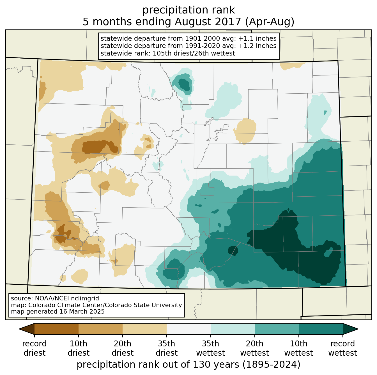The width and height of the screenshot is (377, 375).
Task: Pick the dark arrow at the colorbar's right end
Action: pos(350,329)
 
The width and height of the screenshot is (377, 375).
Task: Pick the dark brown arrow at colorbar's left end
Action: pos(27,329)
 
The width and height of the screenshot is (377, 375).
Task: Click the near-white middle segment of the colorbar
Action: pos(188,329)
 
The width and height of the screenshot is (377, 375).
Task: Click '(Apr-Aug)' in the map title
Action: pos(269,22)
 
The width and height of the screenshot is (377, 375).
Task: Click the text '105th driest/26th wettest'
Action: pos(194,53)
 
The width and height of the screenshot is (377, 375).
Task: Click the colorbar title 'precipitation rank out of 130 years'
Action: pos(158,364)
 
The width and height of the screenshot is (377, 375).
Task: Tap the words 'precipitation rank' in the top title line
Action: pos(188,10)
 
